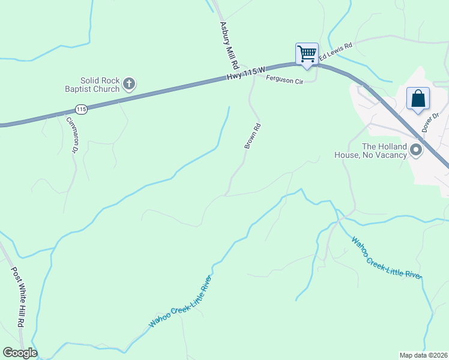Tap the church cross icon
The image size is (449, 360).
tap(129, 84)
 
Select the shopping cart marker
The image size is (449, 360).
tap(307, 54)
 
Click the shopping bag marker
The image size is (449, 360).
tap(418, 98)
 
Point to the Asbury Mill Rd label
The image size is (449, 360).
tap(230, 45)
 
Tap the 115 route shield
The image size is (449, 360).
tap(82, 109)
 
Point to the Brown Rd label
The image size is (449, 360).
tap(253, 136)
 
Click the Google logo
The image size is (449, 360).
tap(20, 353)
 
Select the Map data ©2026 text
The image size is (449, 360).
tap(423, 355)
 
